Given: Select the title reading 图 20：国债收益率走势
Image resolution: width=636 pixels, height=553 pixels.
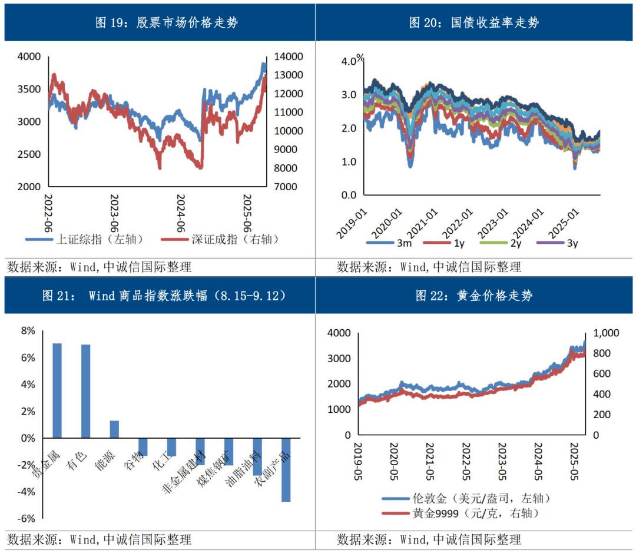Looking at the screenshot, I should (473, 23).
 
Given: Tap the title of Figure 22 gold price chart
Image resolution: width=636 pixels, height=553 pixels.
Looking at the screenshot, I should (473, 295).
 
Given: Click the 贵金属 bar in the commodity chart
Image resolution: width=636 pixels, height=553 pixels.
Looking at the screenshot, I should (57, 390).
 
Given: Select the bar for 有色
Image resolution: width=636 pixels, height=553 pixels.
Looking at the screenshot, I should (86, 391).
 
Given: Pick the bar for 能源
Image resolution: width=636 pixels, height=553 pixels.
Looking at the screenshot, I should (114, 429).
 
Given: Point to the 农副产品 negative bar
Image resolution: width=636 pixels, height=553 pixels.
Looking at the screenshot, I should (286, 469).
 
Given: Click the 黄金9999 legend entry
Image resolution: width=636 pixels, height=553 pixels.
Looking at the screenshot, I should (459, 513).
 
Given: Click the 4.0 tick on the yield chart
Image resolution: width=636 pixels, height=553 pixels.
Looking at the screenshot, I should (349, 61).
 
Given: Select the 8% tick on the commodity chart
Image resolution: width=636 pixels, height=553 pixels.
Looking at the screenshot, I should (28, 331).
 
